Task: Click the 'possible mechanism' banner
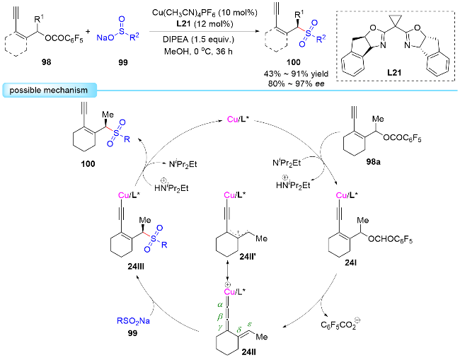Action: (50, 90)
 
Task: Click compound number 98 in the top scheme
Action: (46, 62)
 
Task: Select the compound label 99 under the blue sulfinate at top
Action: (123, 62)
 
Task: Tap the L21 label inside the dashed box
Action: (394, 72)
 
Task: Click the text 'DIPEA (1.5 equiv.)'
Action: (199, 40)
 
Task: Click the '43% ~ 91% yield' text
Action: (296, 74)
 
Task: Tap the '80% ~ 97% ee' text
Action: (296, 84)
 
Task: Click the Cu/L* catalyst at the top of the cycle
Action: (238, 120)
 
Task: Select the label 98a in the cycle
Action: (373, 162)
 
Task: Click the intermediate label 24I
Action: (350, 263)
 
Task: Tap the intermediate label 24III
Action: (136, 267)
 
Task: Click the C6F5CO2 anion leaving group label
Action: (340, 325)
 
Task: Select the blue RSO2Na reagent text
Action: (133, 321)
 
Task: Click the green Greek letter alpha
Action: (220, 305)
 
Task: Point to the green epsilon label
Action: (250, 324)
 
